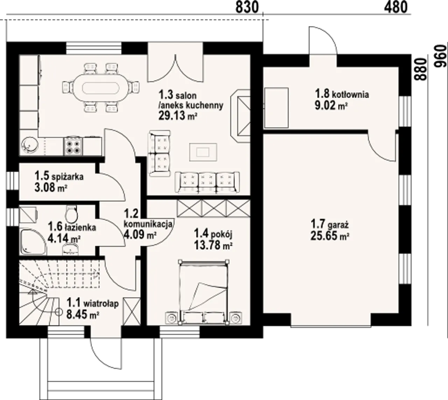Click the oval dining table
point(101,88)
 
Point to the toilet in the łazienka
point(71,214)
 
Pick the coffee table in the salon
point(203,152)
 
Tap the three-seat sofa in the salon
point(207,183)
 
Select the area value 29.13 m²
point(178,115)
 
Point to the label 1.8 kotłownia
point(342,94)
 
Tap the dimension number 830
point(247,7)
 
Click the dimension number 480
point(396,7)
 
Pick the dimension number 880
point(420,69)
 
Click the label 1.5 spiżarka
point(59,176)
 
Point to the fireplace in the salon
point(240,116)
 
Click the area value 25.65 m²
point(330,236)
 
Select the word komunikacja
point(148,224)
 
